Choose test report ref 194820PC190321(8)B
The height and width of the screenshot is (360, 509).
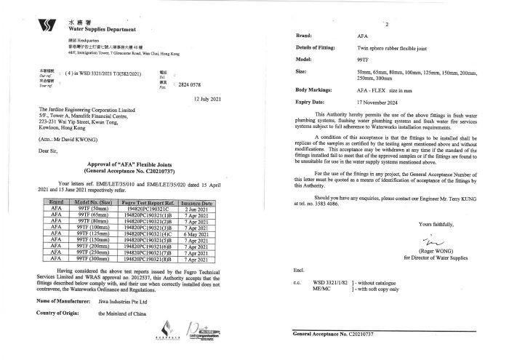(148, 259)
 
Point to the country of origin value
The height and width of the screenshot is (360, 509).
(125, 313)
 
